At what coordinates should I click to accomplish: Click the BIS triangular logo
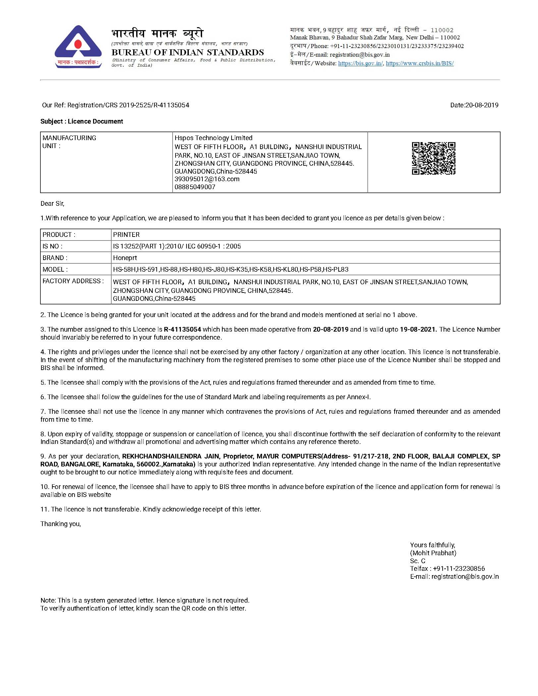click(x=78, y=47)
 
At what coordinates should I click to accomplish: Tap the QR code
click(x=433, y=158)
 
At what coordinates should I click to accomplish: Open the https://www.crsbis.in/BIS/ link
click(x=420, y=63)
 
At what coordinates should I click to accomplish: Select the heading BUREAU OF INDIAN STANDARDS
click(x=188, y=52)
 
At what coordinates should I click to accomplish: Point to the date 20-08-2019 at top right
click(x=482, y=105)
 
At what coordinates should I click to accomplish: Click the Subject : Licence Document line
click(x=81, y=122)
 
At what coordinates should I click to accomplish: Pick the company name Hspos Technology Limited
click(x=213, y=138)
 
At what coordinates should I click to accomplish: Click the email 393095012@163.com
click(x=207, y=179)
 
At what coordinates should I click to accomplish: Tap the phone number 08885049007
click(x=195, y=187)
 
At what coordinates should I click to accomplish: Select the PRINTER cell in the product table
click(x=126, y=235)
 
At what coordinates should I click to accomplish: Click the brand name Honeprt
click(x=125, y=258)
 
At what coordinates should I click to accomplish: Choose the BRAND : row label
click(x=55, y=258)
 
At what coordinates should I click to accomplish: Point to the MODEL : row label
click(x=55, y=269)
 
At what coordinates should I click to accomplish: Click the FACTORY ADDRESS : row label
click(x=73, y=281)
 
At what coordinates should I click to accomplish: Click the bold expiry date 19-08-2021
click(x=418, y=329)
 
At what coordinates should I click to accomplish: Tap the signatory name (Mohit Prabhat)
click(x=433, y=553)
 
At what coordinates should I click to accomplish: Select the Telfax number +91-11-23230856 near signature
click(x=459, y=569)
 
